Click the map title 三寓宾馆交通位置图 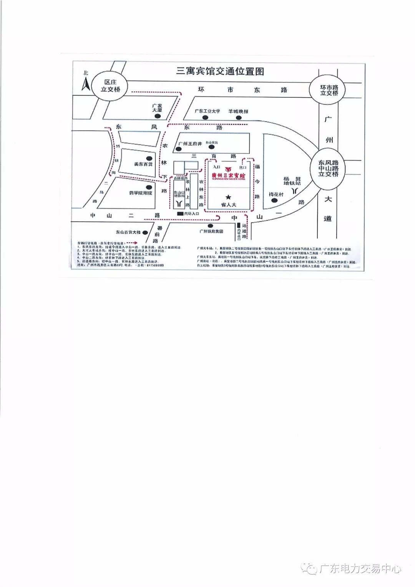coord(220,72)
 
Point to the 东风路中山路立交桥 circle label coord(328,168)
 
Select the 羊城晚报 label coord(238,111)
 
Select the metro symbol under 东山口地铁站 coord(179,203)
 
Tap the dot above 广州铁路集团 coord(210,226)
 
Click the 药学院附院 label coord(141,193)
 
